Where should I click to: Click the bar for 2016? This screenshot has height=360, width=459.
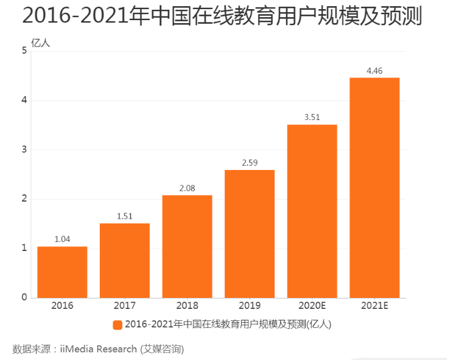(x=62, y=272)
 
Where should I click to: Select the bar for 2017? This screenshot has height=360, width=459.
(x=125, y=261)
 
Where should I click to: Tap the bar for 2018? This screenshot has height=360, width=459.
(x=187, y=247)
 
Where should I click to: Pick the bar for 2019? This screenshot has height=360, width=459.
(x=250, y=234)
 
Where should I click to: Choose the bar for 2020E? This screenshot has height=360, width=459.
(x=312, y=211)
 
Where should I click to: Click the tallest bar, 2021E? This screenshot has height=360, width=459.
(x=374, y=188)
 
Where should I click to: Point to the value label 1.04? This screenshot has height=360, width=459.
(x=62, y=239)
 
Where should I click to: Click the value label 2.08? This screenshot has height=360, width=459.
(x=187, y=188)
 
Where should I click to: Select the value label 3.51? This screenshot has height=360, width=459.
(x=312, y=117)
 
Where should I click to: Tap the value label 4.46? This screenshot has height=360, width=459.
(x=374, y=71)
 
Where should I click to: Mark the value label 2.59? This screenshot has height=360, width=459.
(x=250, y=163)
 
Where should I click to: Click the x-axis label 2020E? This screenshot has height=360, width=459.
(x=312, y=306)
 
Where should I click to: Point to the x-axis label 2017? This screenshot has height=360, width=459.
(x=125, y=306)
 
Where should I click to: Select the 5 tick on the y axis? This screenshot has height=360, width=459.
(x=24, y=51)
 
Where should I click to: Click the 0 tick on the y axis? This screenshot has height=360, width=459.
(x=24, y=297)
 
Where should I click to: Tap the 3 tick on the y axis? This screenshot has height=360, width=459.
(x=24, y=150)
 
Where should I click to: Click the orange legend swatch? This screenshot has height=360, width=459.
(x=117, y=325)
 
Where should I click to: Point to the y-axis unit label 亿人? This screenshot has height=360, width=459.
(x=41, y=43)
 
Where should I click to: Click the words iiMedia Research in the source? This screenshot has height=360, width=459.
(x=99, y=349)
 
